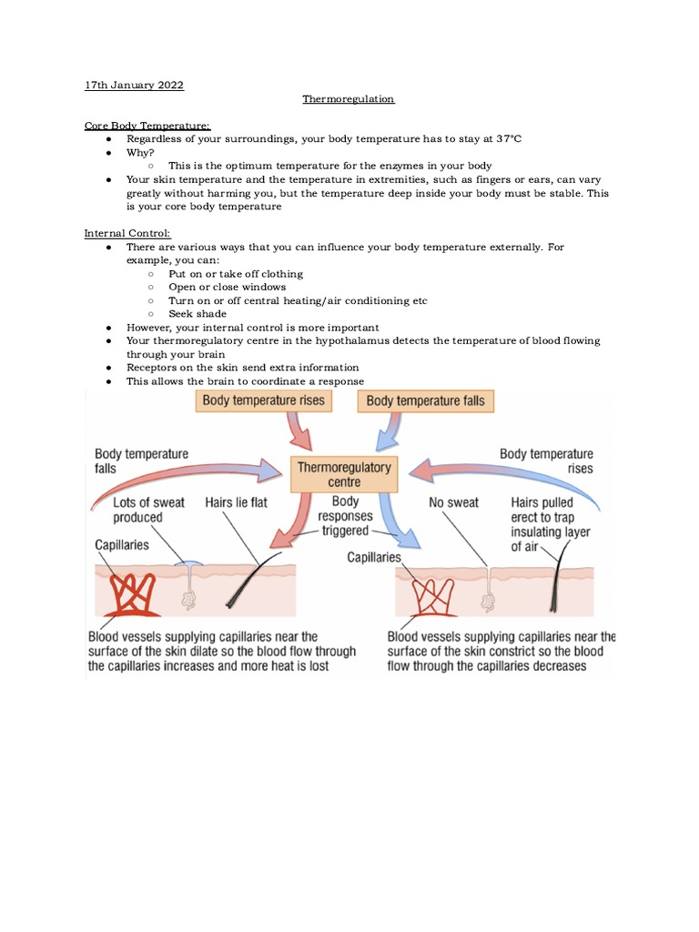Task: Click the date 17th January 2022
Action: click(x=134, y=85)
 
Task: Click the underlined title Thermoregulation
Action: click(x=349, y=98)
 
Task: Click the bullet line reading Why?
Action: click(x=140, y=152)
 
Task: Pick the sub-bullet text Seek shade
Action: click(x=198, y=314)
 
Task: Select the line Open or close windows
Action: click(x=227, y=287)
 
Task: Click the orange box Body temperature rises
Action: click(x=264, y=400)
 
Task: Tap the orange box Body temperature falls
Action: click(x=426, y=400)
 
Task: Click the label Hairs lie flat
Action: click(x=237, y=502)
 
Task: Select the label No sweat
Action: click(x=453, y=502)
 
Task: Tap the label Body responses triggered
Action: click(x=345, y=516)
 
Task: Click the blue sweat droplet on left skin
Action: click(x=189, y=564)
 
